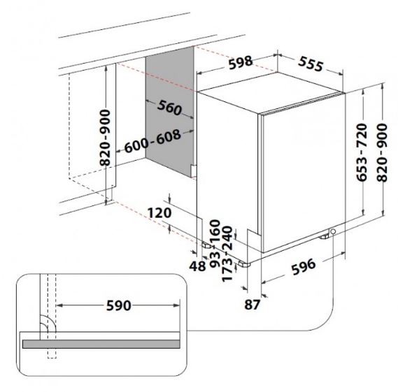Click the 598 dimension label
point(241,62)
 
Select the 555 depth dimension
point(311,64)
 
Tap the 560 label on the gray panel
point(169,108)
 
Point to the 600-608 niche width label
point(152,141)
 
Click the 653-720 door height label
point(362,152)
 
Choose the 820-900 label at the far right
point(381,152)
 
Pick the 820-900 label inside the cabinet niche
point(106,138)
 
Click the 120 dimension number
point(159,212)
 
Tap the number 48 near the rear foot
point(197,266)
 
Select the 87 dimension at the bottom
point(253,305)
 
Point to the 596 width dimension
point(304,266)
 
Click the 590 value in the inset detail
point(118,305)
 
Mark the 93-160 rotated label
point(215,243)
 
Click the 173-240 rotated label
point(227,254)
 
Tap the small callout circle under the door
point(333,231)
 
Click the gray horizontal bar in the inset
point(101,344)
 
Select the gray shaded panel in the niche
point(169,112)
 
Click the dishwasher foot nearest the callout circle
point(324,237)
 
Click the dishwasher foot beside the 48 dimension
point(206,245)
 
